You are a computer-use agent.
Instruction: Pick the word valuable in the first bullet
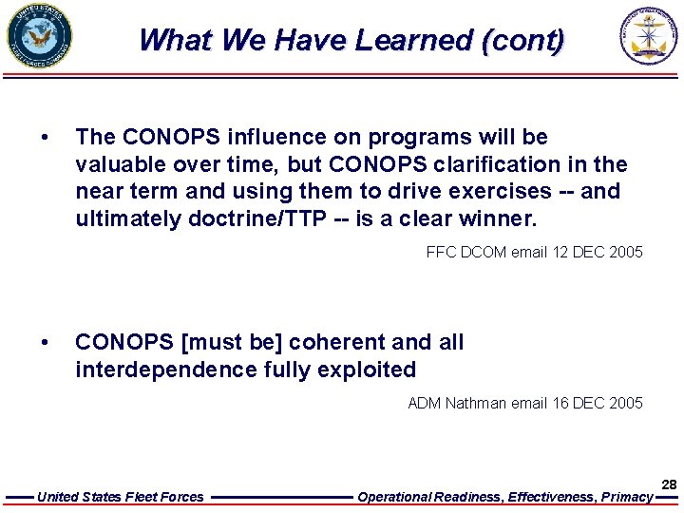coord(119,164)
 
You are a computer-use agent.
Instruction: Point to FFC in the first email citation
coord(442,252)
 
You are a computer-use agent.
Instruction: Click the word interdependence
coord(163,369)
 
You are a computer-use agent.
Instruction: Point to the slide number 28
coord(669,484)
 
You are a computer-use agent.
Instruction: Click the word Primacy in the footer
coord(628,497)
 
